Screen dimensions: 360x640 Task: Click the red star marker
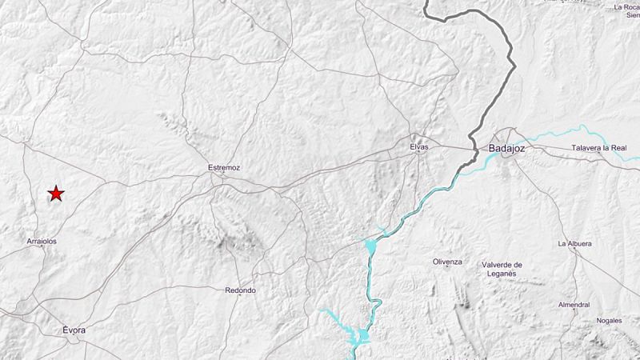pos(56,194)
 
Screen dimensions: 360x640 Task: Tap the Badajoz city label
pos(506,148)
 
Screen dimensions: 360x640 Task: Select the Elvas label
pos(418,147)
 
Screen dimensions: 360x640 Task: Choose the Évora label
pos(74,330)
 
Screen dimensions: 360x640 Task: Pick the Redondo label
pos(241,290)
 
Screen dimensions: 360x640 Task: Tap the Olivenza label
pos(447,262)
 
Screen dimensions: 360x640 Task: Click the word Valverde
pos(497,265)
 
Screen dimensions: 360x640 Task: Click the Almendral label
pos(574,305)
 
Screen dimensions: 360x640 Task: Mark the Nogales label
pos(609,321)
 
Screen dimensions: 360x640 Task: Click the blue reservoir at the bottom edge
pos(362,336)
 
